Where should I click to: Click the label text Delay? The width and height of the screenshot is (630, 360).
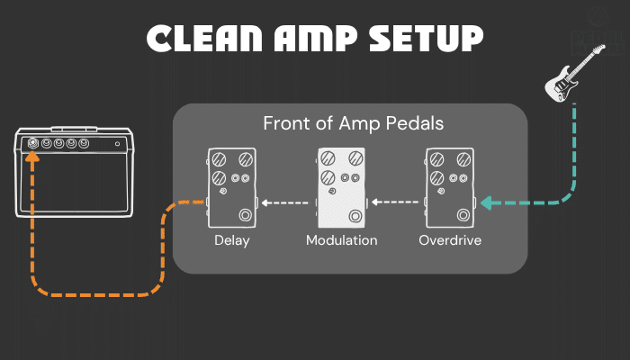pos(231,241)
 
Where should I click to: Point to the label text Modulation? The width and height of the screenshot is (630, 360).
pos(341,241)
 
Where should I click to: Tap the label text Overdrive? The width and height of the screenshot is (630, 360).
pos(450,241)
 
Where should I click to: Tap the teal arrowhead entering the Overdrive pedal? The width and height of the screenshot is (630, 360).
pos(486,202)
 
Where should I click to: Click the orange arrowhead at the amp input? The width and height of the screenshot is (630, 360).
pos(32,158)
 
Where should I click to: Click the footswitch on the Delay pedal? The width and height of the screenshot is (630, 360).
pos(246,215)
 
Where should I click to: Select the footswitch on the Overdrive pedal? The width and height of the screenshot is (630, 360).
pos(463,215)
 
